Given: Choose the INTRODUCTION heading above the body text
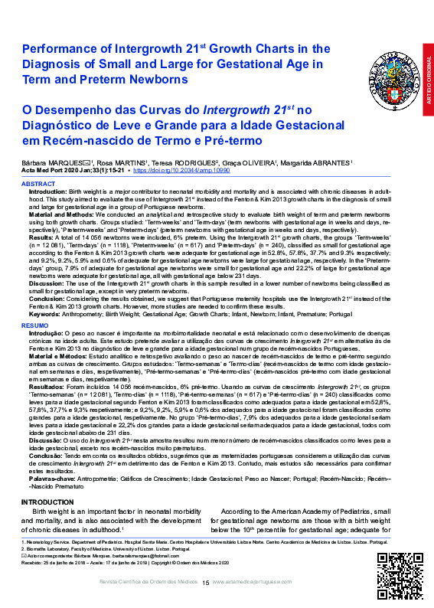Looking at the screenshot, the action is click(x=47, y=502).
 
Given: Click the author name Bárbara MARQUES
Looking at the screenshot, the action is click(x=47, y=162).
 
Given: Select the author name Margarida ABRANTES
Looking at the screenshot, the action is click(x=321, y=162).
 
